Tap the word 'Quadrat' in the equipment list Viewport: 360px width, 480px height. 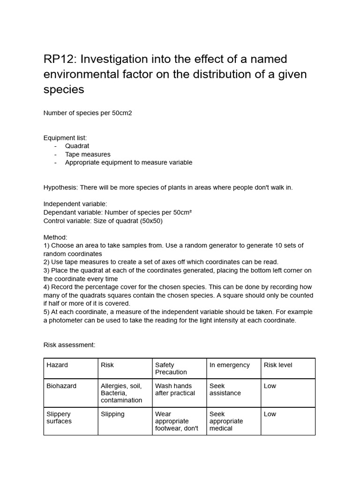[77, 146]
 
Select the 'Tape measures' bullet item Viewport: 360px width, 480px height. [88, 154]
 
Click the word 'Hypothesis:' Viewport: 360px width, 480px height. [60, 187]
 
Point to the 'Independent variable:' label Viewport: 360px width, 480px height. [75, 204]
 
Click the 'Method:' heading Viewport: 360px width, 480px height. [55, 237]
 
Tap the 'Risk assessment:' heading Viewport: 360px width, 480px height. [69, 345]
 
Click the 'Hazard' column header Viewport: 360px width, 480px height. [57, 365]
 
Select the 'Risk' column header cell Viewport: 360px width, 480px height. [107, 365]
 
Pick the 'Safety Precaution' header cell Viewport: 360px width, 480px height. [171, 368]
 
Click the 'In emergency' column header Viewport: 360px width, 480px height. [230, 365]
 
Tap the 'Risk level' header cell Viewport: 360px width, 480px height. [278, 365]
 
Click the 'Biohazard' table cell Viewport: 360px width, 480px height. [61, 386]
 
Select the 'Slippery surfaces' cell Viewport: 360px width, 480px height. [59, 418]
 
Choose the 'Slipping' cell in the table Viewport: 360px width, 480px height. [112, 414]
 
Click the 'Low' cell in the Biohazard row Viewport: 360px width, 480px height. [270, 386]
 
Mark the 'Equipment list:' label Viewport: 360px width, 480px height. [65, 138]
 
